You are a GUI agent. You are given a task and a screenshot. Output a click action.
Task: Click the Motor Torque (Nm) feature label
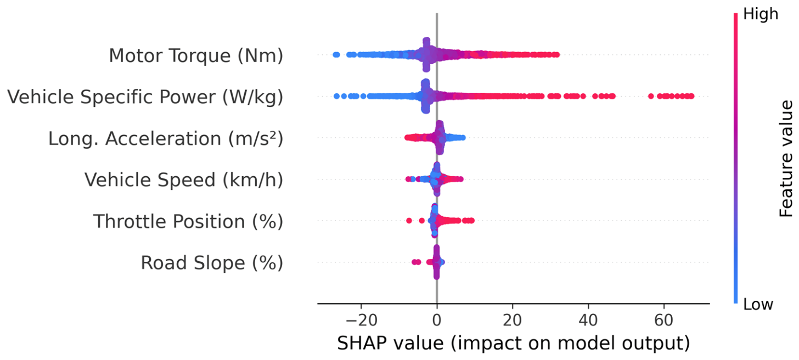pyautogui.click(x=196, y=55)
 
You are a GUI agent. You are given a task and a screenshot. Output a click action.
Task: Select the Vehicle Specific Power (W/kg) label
pyautogui.click(x=145, y=97)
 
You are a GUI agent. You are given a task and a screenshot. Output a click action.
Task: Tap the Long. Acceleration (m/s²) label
pyautogui.click(x=166, y=138)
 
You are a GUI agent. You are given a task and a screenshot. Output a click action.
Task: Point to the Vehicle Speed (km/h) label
pyautogui.click(x=184, y=180)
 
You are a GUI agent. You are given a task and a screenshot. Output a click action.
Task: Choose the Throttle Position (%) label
pyautogui.click(x=188, y=221)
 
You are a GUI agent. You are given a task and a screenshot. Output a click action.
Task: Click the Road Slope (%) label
pyautogui.click(x=212, y=263)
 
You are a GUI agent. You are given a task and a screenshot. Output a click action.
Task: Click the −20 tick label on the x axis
pyautogui.click(x=361, y=320)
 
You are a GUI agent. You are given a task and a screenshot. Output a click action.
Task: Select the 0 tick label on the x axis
pyautogui.click(x=437, y=320)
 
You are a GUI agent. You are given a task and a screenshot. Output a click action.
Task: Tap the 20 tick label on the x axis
pyautogui.click(x=513, y=320)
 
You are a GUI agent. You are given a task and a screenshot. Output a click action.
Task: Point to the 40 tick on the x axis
pyautogui.click(x=588, y=320)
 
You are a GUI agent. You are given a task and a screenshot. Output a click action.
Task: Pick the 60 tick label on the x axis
pyautogui.click(x=664, y=320)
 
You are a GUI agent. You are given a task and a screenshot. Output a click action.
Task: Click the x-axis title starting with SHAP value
pyautogui.click(x=514, y=344)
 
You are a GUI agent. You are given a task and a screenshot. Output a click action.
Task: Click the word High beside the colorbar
pyautogui.click(x=761, y=14)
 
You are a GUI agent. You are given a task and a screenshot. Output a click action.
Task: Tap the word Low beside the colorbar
pyautogui.click(x=758, y=305)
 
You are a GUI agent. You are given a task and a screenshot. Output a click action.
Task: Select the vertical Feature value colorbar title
pyautogui.click(x=785, y=159)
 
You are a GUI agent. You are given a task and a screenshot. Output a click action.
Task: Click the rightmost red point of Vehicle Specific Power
pyautogui.click(x=691, y=96)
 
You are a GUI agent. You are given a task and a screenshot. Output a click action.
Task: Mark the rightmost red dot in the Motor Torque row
pyautogui.click(x=557, y=54)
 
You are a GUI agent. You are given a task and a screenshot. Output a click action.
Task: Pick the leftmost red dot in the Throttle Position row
pyautogui.click(x=409, y=221)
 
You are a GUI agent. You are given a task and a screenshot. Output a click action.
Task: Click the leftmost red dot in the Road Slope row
pyautogui.click(x=414, y=262)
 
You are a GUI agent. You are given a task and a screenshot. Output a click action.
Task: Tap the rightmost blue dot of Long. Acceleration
pyautogui.click(x=463, y=138)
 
